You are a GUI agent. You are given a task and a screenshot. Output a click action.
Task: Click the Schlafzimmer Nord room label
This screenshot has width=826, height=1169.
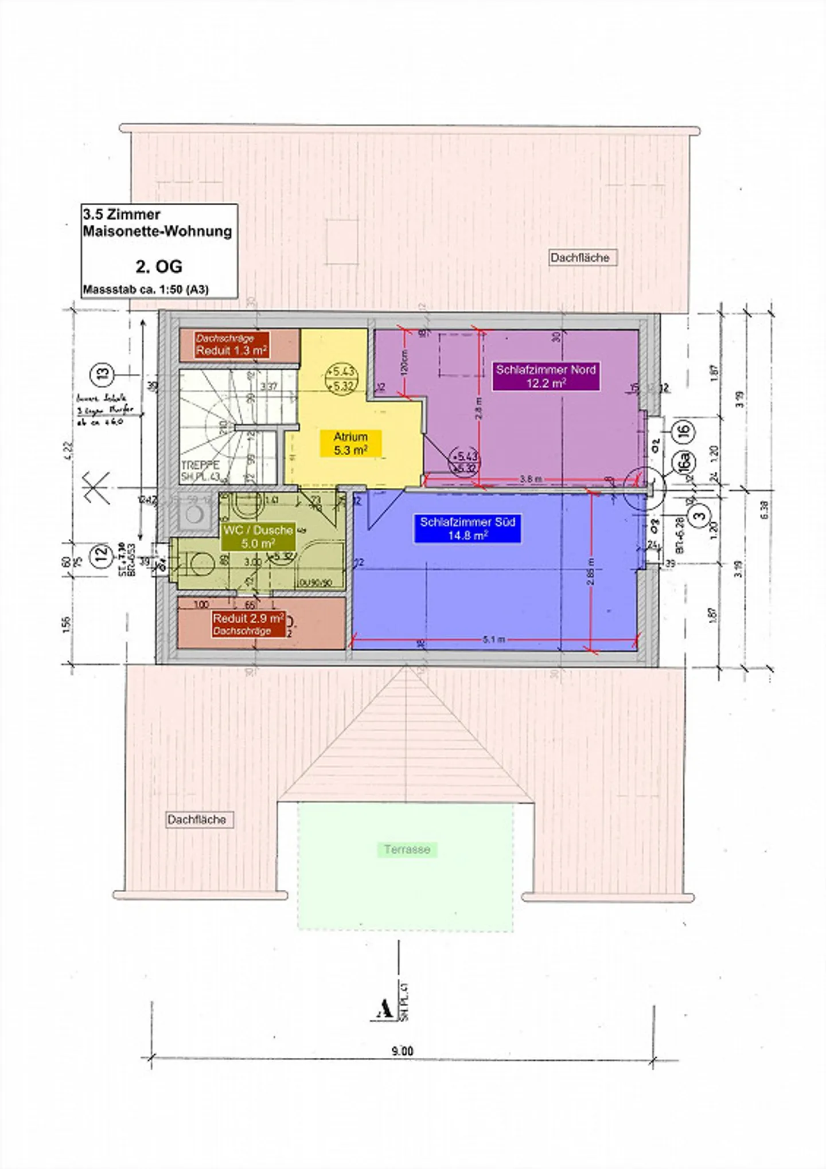click(x=546, y=376)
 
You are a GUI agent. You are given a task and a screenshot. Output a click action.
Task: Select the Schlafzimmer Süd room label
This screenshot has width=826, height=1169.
click(x=467, y=528)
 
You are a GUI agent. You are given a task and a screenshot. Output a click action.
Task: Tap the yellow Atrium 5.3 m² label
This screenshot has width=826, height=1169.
click(x=350, y=443)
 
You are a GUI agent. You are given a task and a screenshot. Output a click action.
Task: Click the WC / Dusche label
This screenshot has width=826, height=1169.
click(x=258, y=536)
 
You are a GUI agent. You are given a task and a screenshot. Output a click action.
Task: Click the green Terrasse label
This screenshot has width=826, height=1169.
click(x=407, y=849)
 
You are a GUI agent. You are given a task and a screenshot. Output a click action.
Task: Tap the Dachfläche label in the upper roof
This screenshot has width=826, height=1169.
click(x=580, y=257)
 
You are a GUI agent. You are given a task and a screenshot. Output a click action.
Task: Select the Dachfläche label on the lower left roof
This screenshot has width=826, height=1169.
click(x=197, y=819)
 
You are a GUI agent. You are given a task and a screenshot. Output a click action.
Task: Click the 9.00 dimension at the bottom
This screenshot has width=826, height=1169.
click(x=402, y=1051)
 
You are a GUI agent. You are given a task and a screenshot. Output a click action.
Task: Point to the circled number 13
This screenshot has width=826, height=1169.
click(x=102, y=374)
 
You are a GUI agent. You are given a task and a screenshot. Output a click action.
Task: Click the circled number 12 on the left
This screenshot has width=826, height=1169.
click(x=101, y=555)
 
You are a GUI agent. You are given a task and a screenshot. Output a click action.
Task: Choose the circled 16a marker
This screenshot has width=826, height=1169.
click(x=684, y=461)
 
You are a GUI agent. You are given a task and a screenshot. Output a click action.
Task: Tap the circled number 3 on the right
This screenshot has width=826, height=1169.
click(x=699, y=515)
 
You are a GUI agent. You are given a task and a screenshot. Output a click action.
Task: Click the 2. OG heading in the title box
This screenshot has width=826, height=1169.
click(x=159, y=266)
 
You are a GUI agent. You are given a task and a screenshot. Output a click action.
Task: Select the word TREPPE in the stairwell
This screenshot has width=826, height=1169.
click(x=200, y=465)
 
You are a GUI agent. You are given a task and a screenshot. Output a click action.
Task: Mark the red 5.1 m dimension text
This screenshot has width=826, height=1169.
click(x=494, y=639)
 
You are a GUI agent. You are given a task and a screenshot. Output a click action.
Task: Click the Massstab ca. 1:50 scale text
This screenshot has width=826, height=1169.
click(x=146, y=290)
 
